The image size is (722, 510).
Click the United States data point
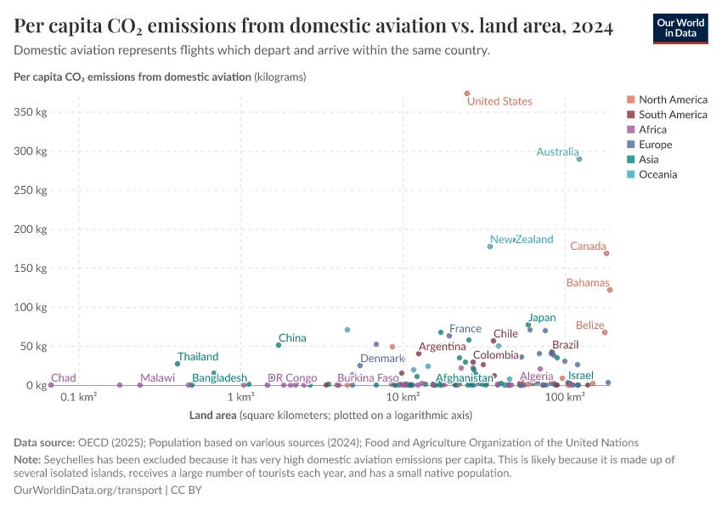(x=467, y=93)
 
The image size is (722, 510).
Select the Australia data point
(x=579, y=159)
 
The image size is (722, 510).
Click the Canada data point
(x=606, y=253)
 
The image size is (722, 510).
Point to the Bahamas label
(x=588, y=283)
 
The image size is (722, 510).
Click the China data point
(x=279, y=345)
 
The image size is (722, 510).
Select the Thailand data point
(x=178, y=364)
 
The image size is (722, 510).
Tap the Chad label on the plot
(x=64, y=377)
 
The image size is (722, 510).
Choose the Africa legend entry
(x=652, y=129)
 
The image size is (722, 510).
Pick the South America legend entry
(x=673, y=114)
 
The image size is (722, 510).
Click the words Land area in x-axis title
(x=213, y=416)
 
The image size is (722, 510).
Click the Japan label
(x=542, y=318)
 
